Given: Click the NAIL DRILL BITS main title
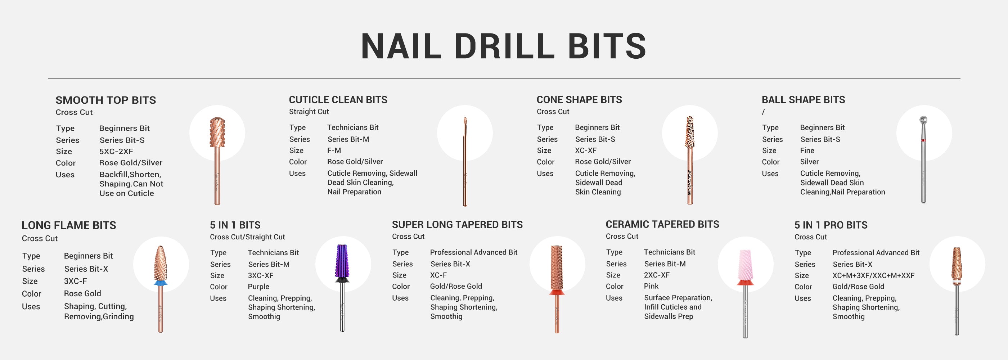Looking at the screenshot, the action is [x=504, y=46].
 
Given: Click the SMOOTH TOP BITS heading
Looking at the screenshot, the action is [x=105, y=100].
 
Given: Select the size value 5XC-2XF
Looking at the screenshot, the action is [x=116, y=152].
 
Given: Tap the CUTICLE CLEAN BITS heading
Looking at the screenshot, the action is [x=338, y=100].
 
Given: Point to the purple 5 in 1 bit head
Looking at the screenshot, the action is [x=342, y=261].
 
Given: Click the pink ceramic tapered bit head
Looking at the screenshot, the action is [x=745, y=265].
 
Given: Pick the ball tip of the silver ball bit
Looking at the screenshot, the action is [x=923, y=120].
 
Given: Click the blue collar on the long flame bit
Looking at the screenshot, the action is [x=161, y=283].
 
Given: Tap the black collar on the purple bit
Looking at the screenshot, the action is [x=342, y=280].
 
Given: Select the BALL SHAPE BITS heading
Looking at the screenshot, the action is [x=804, y=100].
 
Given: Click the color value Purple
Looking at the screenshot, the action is [x=258, y=287].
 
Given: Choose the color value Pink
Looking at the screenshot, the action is [x=651, y=286].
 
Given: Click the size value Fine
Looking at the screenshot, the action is [x=807, y=150].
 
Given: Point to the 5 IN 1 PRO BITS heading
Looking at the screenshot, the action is [x=831, y=225].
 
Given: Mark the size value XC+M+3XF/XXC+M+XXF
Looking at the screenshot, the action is [x=873, y=275].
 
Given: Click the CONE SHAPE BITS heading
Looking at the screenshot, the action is [x=579, y=100].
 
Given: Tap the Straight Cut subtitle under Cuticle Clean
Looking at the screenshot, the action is [x=309, y=112].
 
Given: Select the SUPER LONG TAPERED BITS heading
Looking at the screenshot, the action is [x=457, y=225].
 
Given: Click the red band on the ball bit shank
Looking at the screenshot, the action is [x=923, y=140].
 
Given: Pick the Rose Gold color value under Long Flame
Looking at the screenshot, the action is [x=82, y=293].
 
